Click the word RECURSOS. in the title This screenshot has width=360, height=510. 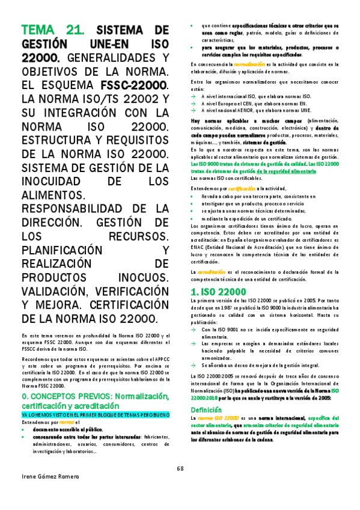pos(136,236)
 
